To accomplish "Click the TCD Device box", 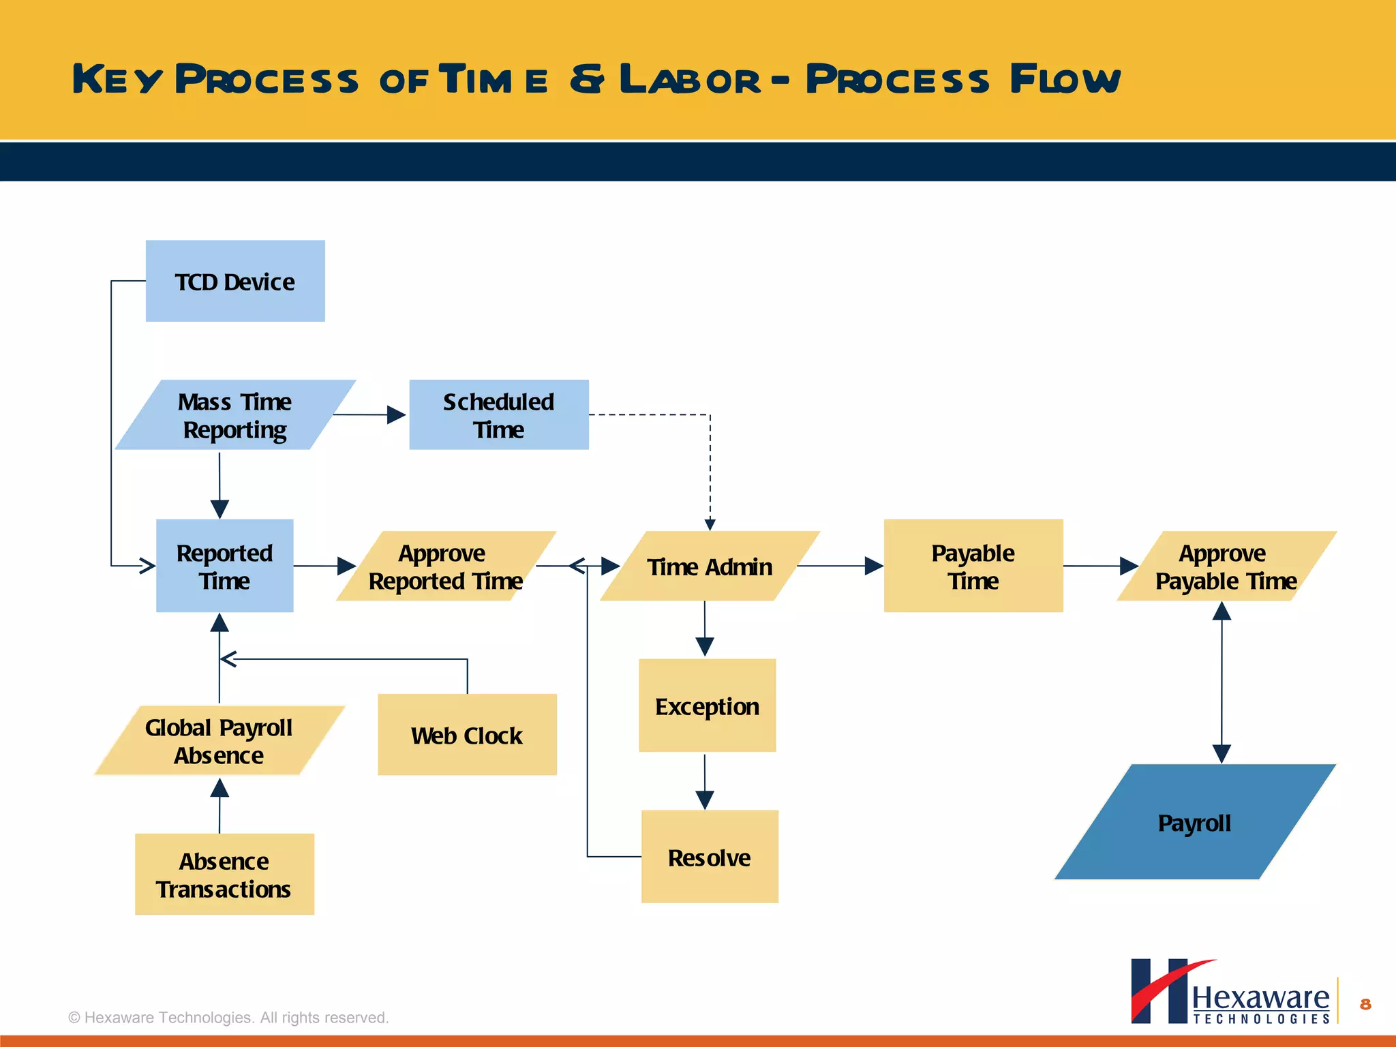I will [235, 281].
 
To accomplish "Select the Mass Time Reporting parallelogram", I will [235, 415].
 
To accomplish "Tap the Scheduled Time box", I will [499, 414].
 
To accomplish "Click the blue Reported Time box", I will [224, 566].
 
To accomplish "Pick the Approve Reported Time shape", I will [446, 566].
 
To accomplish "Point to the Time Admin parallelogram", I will [709, 566].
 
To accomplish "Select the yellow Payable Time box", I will [973, 566].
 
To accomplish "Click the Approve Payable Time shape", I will [1226, 566].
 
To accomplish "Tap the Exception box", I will [707, 705].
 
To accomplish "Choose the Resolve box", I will [709, 857].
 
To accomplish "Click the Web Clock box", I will [467, 735].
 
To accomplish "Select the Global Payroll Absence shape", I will [219, 740].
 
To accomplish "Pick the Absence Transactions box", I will [224, 874].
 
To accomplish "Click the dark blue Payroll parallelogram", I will [1194, 822].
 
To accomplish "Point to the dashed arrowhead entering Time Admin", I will [710, 524].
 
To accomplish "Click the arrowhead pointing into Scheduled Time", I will [396, 414].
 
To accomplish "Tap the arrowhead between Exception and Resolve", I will [705, 799].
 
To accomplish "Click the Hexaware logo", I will [1230, 992].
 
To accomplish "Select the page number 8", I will [1365, 1004].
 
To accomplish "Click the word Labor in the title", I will [690, 79].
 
